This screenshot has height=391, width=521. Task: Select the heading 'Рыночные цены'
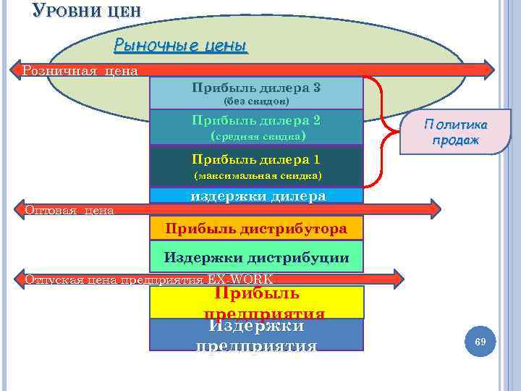coord(181,46)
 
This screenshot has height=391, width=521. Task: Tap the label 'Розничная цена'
coord(80,70)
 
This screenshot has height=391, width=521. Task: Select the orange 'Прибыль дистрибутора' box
coord(256,229)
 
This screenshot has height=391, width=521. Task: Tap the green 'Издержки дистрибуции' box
coord(256,257)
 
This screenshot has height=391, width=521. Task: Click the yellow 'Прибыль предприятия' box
coord(256,303)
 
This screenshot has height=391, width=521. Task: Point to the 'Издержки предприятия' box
coord(256,335)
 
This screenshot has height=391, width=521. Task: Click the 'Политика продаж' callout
coord(456,132)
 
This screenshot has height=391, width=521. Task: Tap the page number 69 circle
coord(478,340)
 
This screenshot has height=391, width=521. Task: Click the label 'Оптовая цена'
coord(69,210)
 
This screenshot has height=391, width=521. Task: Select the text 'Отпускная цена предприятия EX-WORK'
coord(148,279)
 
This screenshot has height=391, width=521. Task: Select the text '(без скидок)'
coord(256,101)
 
